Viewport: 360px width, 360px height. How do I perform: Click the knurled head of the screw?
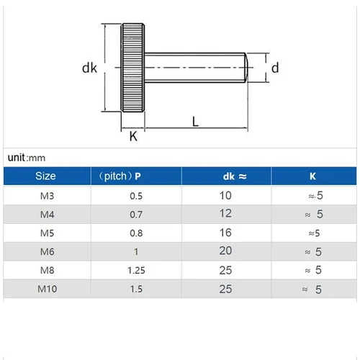pos(133,68)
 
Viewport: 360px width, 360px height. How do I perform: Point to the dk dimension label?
pos(89,68)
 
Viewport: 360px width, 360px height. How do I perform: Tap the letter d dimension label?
pos(275,68)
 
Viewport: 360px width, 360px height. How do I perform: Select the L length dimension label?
pos(195,121)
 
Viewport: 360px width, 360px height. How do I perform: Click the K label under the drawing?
pos(132,136)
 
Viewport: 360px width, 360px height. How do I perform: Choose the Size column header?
pos(45,176)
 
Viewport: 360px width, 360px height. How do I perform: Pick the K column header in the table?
pos(312,176)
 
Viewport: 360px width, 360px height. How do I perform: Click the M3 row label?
pos(45,195)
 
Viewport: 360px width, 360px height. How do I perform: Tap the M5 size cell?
pos(45,233)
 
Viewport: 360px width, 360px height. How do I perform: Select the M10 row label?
pos(45,289)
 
